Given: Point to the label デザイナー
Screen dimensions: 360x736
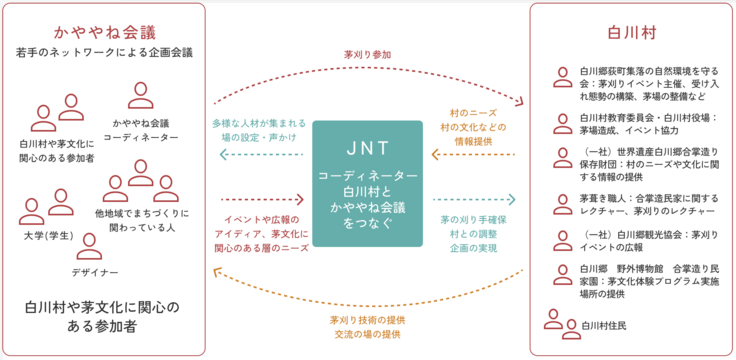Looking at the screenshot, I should pos(95,273).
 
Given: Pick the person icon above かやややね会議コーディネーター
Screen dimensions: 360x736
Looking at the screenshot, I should pos(139,96).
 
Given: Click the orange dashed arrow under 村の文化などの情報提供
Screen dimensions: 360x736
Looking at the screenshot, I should pos(473,155).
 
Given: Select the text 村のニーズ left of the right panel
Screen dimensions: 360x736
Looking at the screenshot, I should pos(473,113).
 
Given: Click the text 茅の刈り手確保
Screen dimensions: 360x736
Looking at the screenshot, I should pos(471,217).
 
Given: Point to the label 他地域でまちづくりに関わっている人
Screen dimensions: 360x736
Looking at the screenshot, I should pos(134,221).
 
